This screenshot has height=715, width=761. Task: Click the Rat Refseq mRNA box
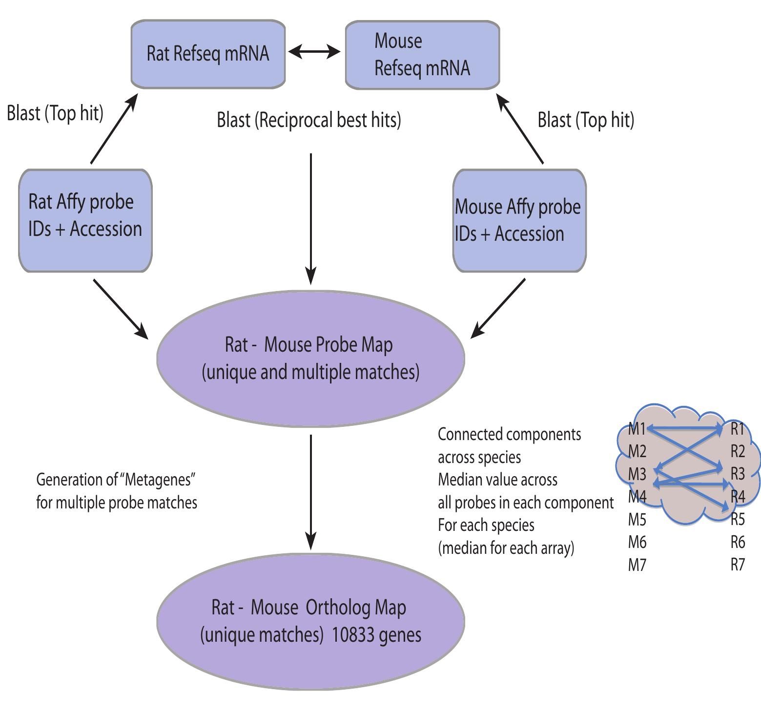click(x=208, y=54)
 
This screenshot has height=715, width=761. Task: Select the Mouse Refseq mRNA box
click(x=422, y=54)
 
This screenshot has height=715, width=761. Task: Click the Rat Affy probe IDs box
click(x=85, y=220)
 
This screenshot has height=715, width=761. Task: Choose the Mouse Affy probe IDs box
click(x=519, y=220)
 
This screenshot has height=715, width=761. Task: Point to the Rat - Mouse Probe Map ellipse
click(x=310, y=358)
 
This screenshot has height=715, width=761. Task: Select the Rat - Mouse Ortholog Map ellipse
click(x=310, y=621)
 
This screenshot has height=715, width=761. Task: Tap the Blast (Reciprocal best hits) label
click(x=309, y=120)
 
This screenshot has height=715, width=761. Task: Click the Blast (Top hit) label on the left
click(x=55, y=113)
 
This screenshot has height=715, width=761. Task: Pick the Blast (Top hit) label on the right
click(x=585, y=120)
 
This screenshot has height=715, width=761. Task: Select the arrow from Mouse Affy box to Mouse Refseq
click(x=520, y=129)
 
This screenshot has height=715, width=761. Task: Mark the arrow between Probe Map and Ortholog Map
click(x=310, y=491)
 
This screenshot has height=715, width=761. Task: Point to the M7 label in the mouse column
click(x=637, y=565)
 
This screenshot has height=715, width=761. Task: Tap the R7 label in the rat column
click(x=738, y=565)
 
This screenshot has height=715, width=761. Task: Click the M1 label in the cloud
click(x=637, y=429)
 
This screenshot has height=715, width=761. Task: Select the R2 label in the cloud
click(x=738, y=452)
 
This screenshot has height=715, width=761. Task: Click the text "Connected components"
click(x=509, y=434)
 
